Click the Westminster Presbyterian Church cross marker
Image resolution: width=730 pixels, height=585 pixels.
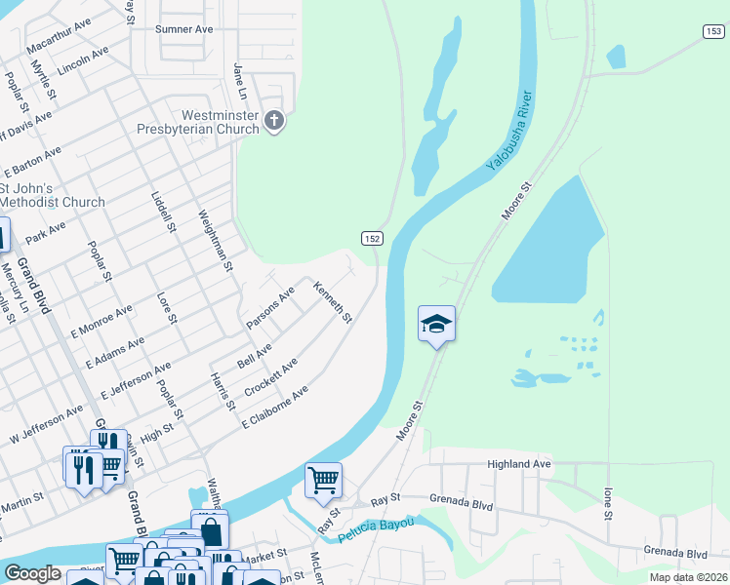point(274,121)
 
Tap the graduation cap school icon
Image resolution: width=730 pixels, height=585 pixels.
point(436,324)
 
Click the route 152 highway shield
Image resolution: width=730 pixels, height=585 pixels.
point(371,239)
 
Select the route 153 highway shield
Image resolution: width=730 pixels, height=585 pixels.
point(712,32)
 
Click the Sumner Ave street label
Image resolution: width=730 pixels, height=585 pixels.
point(183,29)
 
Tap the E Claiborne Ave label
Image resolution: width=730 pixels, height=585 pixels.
point(275,407)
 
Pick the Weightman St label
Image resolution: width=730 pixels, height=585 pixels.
point(217,240)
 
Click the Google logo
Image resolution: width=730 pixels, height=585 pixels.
point(32,573)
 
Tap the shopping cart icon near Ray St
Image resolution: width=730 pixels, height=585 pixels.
point(323,479)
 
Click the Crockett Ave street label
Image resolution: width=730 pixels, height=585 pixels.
point(270,376)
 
